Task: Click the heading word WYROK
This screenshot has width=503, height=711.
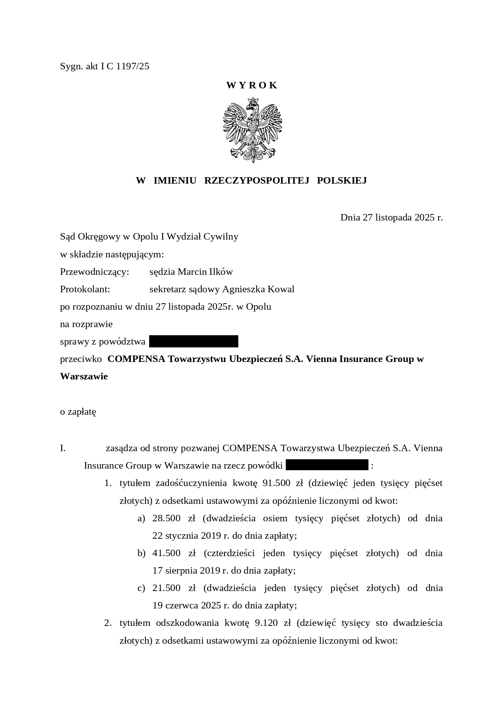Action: (x=252, y=85)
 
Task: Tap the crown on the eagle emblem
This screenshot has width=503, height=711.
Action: (x=253, y=101)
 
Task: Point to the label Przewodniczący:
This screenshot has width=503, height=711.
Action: (x=94, y=272)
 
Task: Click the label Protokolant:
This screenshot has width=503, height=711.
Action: (x=85, y=289)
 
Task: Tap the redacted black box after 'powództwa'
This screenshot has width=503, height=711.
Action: (x=193, y=342)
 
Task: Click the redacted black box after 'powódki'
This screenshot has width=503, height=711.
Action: (x=327, y=465)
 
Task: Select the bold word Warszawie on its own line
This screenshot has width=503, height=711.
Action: (x=84, y=377)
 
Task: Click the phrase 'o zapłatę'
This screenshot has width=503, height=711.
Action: (x=78, y=412)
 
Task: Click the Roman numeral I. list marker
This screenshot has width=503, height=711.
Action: (x=63, y=448)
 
